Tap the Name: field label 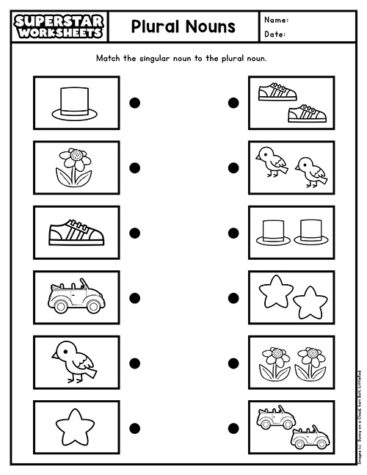coord(275,19)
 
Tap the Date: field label coord(274,34)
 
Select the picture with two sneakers coord(291,103)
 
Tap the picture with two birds coord(291,167)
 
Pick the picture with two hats coord(291,232)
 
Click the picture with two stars coord(291,297)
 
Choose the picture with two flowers coord(291,362)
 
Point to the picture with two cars coord(291,426)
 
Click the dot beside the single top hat coord(134,102)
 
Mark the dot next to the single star coord(134,426)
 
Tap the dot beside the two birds coord(232,167)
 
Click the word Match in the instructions coord(109,59)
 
